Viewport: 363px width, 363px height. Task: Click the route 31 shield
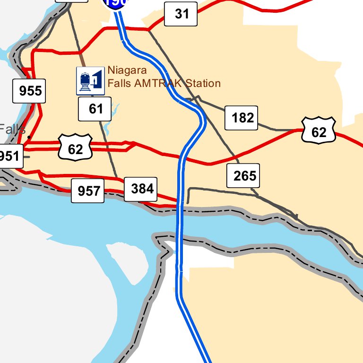(181, 14)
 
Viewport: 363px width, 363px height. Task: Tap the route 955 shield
(29, 90)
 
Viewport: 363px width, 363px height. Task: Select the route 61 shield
(95, 109)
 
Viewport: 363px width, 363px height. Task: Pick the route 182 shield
(242, 118)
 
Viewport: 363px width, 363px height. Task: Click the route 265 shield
(243, 176)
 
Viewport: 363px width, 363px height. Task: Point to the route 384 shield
(141, 189)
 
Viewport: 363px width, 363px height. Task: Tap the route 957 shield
(88, 191)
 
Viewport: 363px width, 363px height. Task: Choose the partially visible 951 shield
(10, 156)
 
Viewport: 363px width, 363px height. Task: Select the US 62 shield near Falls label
(75, 148)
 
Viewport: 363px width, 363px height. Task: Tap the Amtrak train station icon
(90, 81)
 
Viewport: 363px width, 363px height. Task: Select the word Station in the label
(203, 84)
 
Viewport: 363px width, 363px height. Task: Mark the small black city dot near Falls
(29, 138)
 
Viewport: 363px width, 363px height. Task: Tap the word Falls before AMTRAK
(119, 84)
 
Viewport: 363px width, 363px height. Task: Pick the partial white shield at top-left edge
(72, 1)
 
